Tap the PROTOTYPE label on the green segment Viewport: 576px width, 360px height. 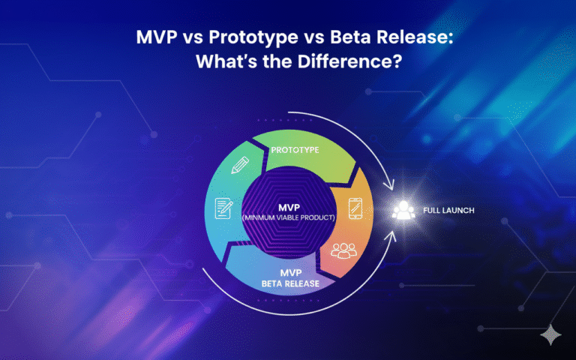295,150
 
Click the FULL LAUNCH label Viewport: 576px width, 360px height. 449,211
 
